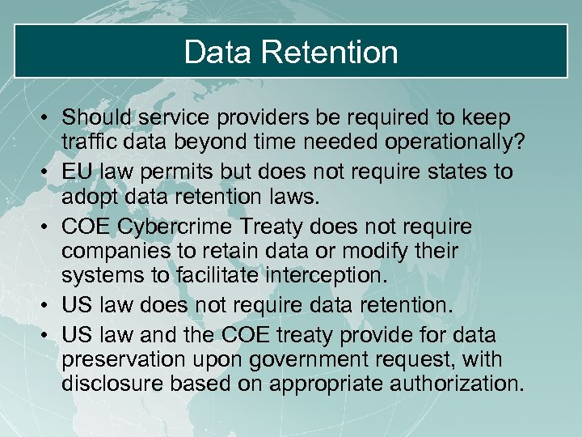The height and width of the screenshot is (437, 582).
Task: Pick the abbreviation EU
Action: pyautogui.click(x=79, y=172)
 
